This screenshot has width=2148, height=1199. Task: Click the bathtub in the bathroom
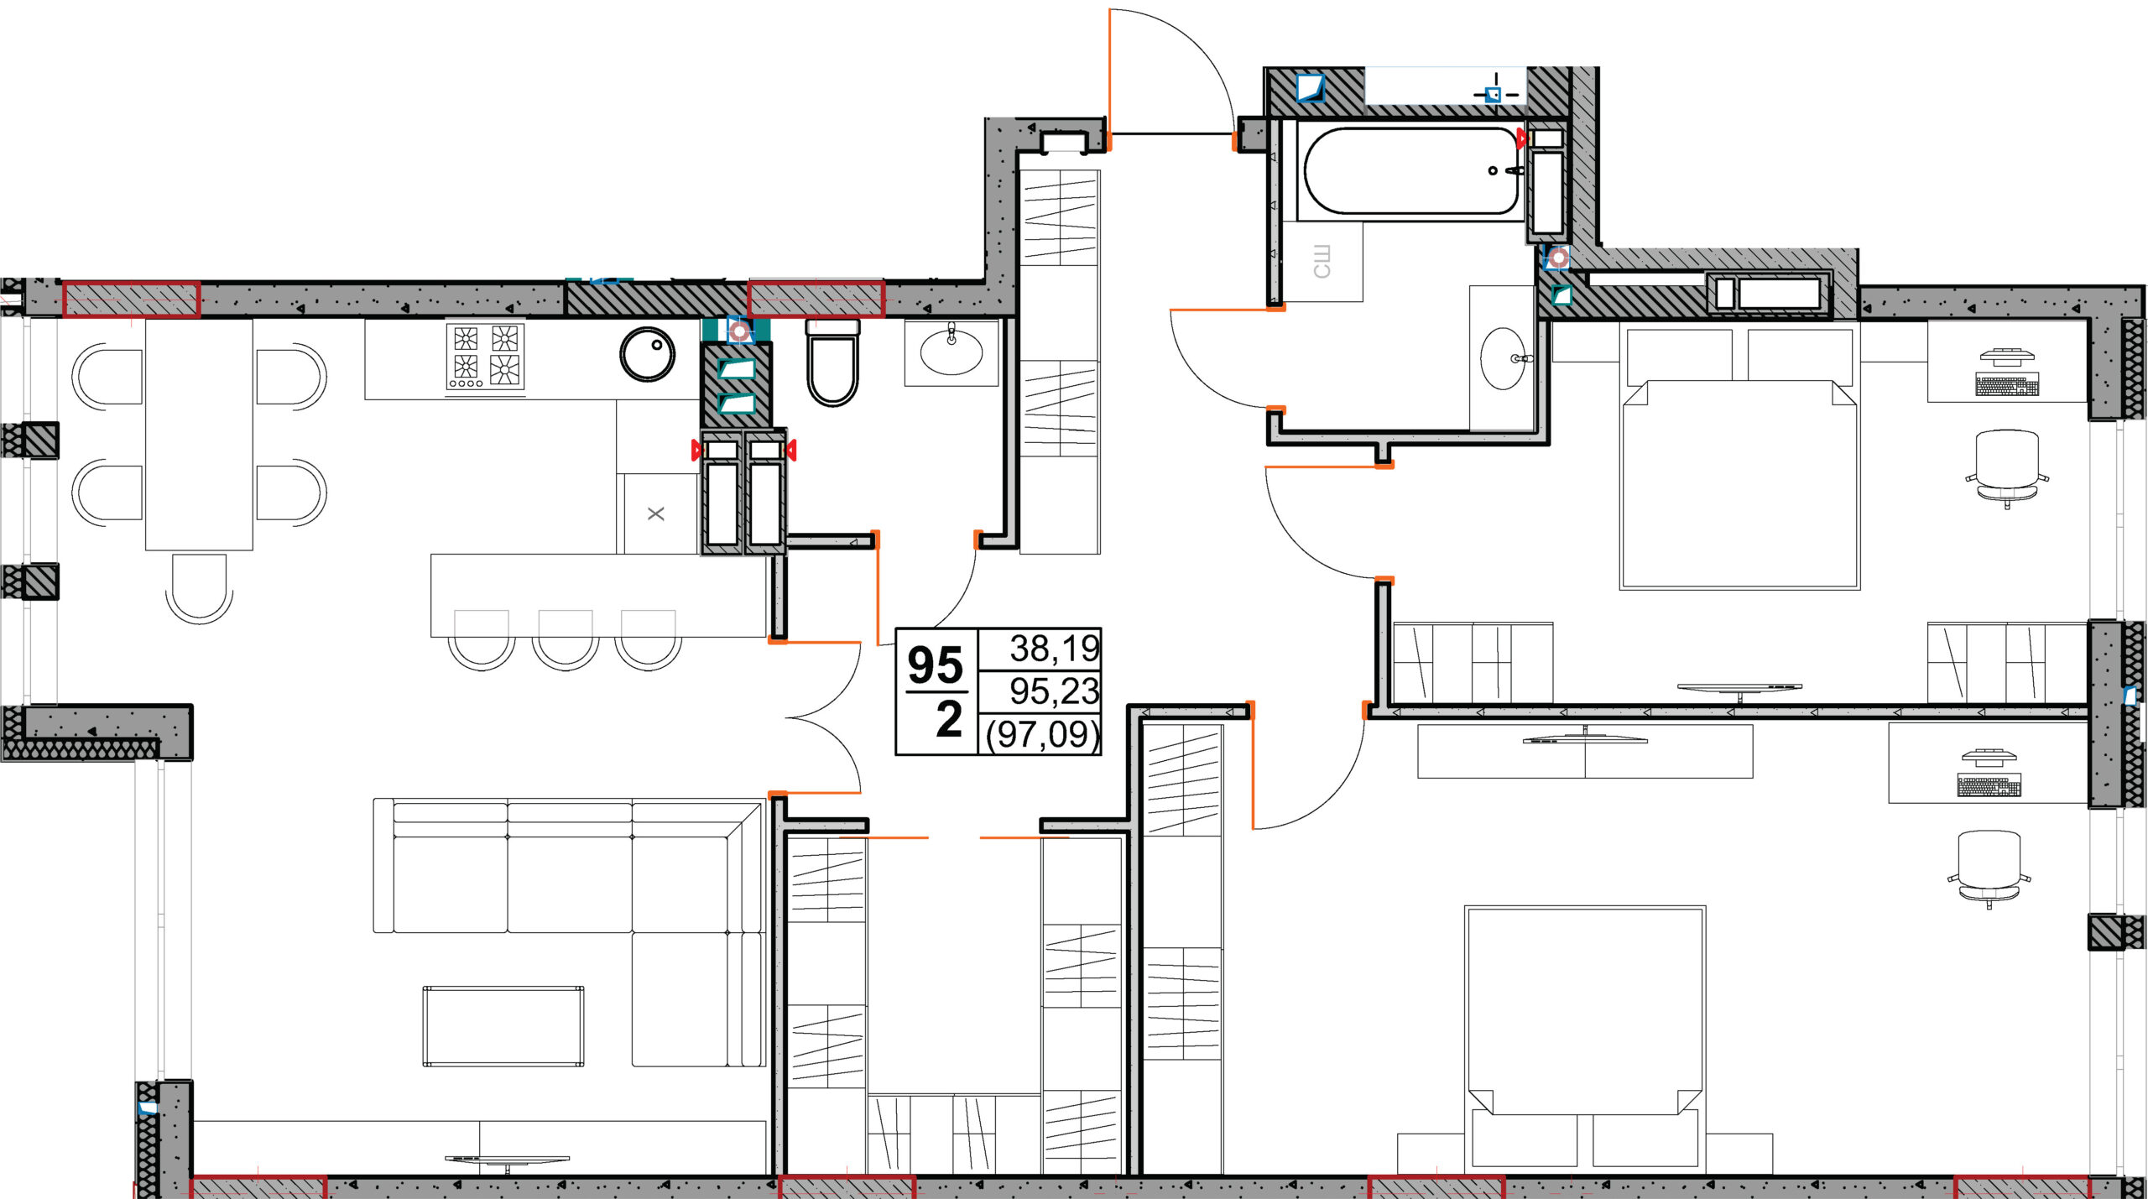[1410, 171]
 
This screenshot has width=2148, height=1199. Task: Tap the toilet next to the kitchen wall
[832, 362]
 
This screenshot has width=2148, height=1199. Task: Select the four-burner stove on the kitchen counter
[486, 357]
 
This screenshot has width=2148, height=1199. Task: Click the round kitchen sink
[647, 354]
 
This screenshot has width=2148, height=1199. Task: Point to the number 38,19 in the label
[1054, 649]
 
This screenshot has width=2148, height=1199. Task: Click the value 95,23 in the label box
[1054, 691]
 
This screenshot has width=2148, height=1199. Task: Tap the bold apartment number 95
[936, 665]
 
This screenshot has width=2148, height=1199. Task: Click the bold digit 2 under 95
[949, 720]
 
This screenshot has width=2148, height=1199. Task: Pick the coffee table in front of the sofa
[503, 1026]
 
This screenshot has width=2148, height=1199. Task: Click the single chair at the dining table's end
[199, 587]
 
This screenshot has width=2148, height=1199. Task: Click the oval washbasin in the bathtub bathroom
[1504, 358]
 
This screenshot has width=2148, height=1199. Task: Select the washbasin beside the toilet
[951, 351]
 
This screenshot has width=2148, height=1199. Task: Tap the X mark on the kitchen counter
[656, 513]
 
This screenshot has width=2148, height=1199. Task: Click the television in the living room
[507, 1161]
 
